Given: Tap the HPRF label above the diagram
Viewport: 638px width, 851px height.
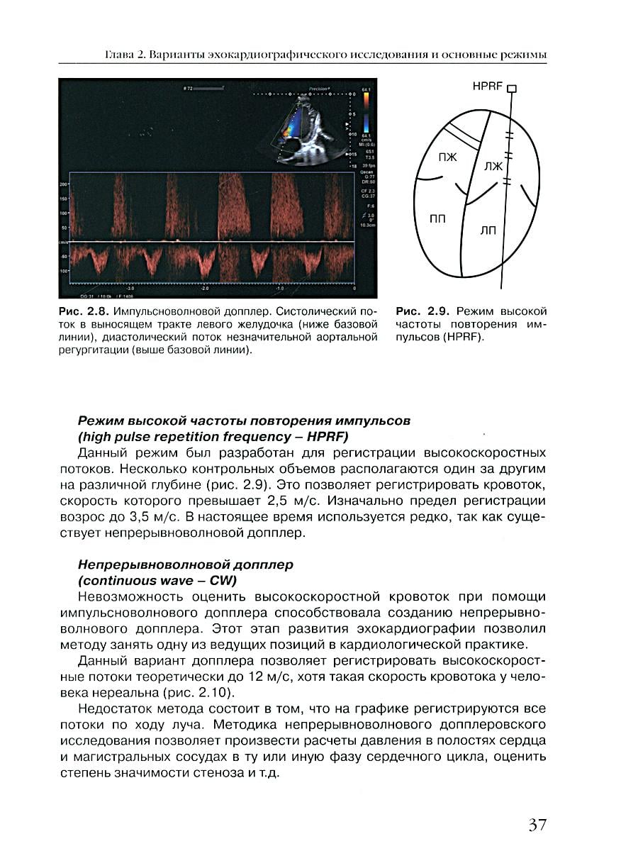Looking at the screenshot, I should [x=488, y=87].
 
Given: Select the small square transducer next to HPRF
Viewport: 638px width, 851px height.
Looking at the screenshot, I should [x=513, y=89].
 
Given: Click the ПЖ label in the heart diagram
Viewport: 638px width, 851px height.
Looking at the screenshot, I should [x=447, y=157].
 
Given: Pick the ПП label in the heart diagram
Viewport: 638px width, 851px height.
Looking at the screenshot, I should [x=438, y=219].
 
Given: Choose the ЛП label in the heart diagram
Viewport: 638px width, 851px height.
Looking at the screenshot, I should [x=488, y=231].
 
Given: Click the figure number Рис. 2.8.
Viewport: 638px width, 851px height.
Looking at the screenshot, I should [x=82, y=311].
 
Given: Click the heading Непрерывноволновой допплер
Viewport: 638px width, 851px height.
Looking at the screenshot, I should [x=185, y=564].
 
